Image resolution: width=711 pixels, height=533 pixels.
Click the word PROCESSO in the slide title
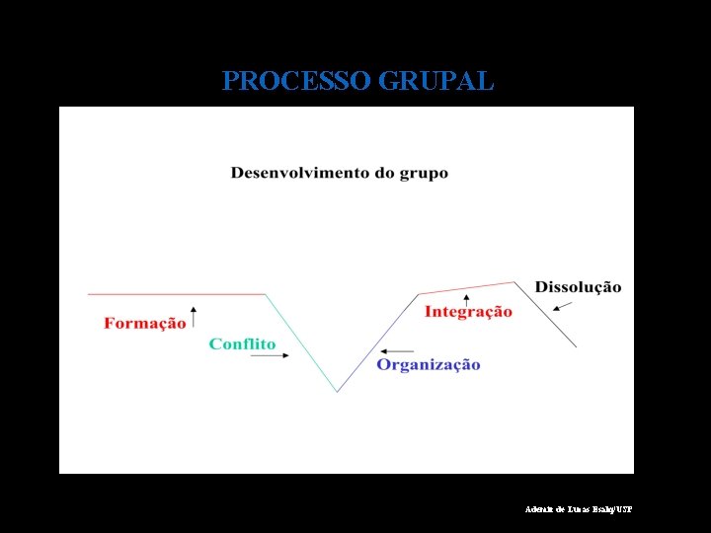tap(296, 81)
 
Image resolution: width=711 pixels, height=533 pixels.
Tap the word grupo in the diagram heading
tap(424, 175)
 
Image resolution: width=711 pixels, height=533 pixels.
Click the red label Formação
tap(144, 324)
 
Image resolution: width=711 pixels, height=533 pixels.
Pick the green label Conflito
tap(242, 344)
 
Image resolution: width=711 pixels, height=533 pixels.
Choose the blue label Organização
tap(428, 365)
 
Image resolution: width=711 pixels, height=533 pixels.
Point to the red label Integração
tap(468, 312)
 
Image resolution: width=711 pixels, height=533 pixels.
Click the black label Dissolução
tap(578, 287)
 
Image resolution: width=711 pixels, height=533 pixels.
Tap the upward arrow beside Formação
tap(194, 316)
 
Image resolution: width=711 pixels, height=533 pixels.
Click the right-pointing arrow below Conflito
tap(270, 357)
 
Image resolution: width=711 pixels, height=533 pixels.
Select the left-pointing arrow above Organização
tap(397, 350)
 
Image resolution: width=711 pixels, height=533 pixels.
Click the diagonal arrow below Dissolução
tap(562, 307)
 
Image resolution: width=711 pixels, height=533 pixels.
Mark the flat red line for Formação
tap(178, 294)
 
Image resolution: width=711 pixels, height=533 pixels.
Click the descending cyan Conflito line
tap(301, 343)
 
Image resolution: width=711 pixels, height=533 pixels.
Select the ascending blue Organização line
tap(378, 343)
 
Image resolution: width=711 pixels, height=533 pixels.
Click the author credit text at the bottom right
tap(578, 509)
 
